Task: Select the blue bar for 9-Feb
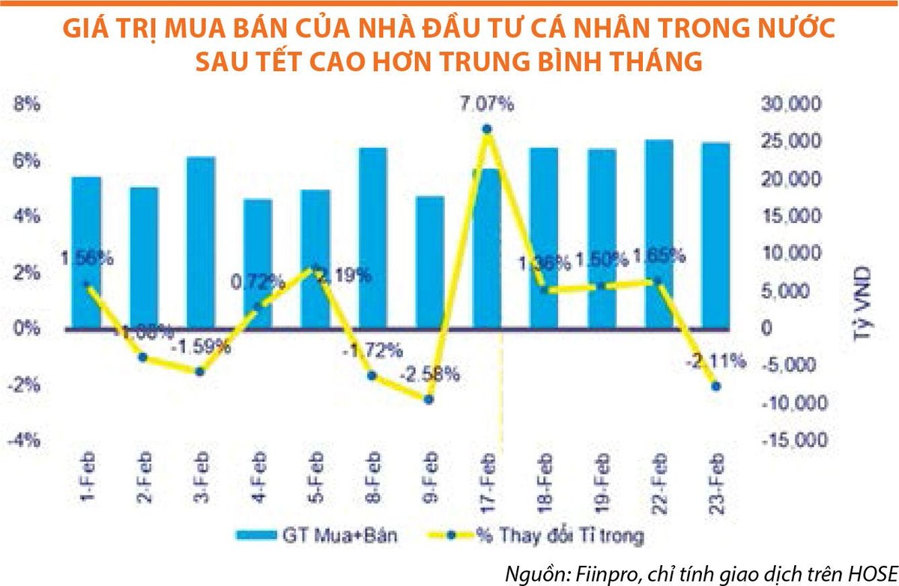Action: (429, 262)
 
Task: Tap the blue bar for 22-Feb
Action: (659, 234)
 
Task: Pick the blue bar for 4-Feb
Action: (258, 263)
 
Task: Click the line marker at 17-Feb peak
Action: (487, 129)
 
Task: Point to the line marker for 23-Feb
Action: (715, 386)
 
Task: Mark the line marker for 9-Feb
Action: (429, 400)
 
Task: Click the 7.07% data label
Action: (487, 105)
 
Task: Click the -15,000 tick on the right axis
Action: (793, 440)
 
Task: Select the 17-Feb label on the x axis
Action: (488, 479)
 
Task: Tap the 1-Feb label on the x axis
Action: (88, 477)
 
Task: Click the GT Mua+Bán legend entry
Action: (315, 535)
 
